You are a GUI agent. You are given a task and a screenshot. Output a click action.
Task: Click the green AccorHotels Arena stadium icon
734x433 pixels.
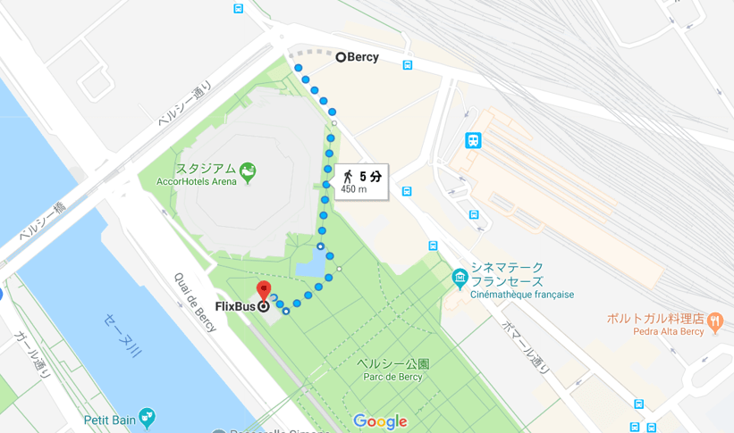point(248,170)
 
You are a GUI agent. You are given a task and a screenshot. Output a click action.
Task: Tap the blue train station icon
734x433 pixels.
point(473,140)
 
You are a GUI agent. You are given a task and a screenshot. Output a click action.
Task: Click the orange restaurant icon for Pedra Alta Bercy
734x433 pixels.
point(715,320)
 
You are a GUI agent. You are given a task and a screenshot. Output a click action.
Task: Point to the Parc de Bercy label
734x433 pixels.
point(392,375)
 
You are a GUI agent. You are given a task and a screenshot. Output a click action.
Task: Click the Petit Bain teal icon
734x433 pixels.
point(147,417)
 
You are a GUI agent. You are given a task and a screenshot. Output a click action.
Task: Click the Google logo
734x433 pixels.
point(380,421)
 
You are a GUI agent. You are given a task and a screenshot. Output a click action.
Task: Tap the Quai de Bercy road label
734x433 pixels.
point(195,302)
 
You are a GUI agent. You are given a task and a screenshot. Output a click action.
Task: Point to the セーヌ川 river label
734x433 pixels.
point(122,337)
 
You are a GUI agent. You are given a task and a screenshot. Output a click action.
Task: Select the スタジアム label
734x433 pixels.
point(206,168)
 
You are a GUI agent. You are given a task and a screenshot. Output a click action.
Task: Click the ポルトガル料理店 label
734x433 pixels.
point(655,319)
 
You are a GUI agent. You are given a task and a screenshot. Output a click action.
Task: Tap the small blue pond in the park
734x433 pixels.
point(309,263)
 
